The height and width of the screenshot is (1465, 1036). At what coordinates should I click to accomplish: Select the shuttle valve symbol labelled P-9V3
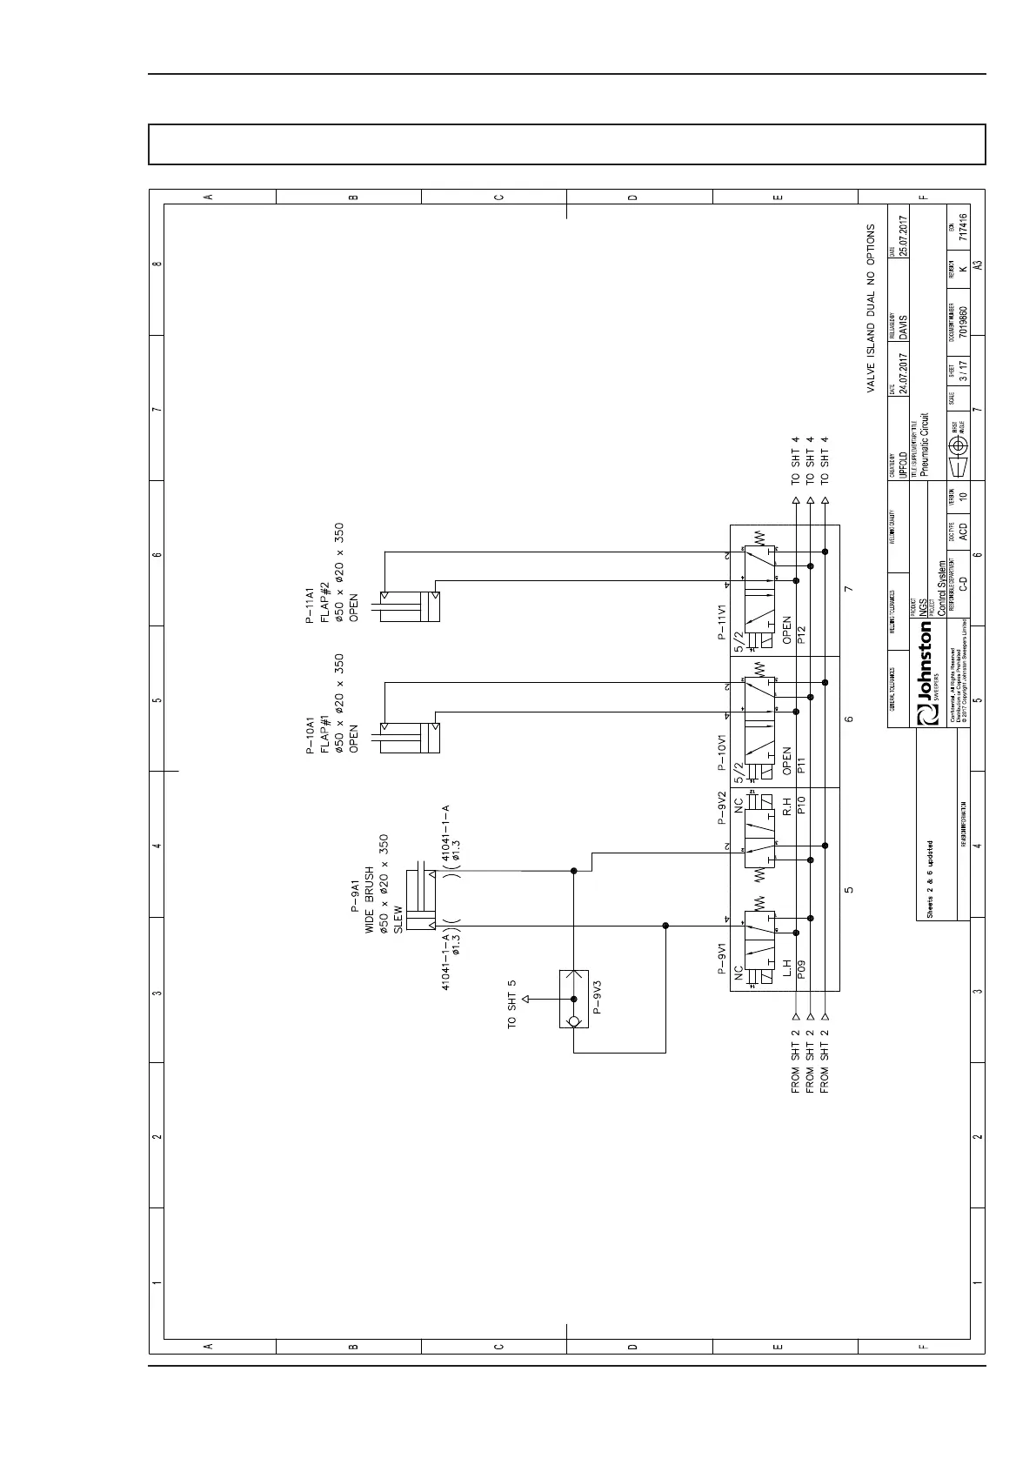[573, 999]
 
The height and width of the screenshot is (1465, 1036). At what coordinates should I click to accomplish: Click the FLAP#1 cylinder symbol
[407, 737]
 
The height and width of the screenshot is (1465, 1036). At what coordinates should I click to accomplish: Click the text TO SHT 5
[512, 1006]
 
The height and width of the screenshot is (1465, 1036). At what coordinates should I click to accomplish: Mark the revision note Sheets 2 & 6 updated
[930, 879]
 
